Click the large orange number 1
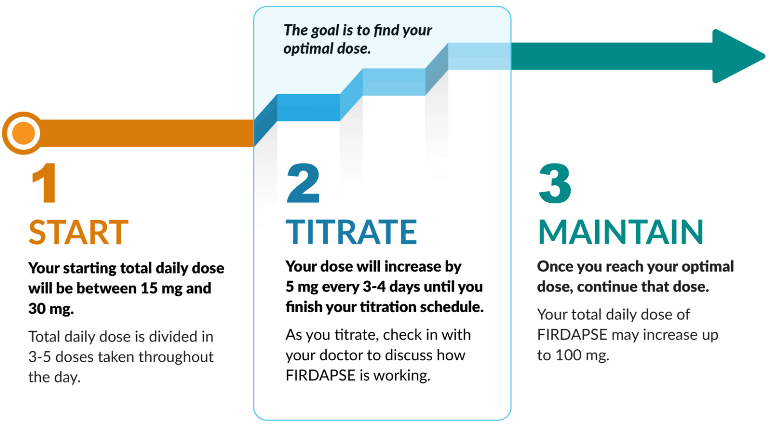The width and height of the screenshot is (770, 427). (45, 183)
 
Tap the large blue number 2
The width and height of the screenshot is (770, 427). (303, 183)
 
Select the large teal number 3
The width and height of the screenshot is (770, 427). (555, 183)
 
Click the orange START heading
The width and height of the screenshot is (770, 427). (78, 232)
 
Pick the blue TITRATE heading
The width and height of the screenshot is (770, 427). (351, 232)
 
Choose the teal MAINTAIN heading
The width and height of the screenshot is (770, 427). (621, 232)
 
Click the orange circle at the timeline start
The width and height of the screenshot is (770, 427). (23, 133)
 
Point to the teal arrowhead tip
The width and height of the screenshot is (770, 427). (764, 56)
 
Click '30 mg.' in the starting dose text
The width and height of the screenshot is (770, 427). (51, 309)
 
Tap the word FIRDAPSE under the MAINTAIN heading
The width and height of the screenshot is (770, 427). (572, 335)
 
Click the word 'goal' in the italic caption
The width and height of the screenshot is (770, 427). (326, 30)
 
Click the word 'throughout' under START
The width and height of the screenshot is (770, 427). (176, 357)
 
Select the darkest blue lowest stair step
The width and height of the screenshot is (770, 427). (308, 108)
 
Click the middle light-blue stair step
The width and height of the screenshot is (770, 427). (394, 82)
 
